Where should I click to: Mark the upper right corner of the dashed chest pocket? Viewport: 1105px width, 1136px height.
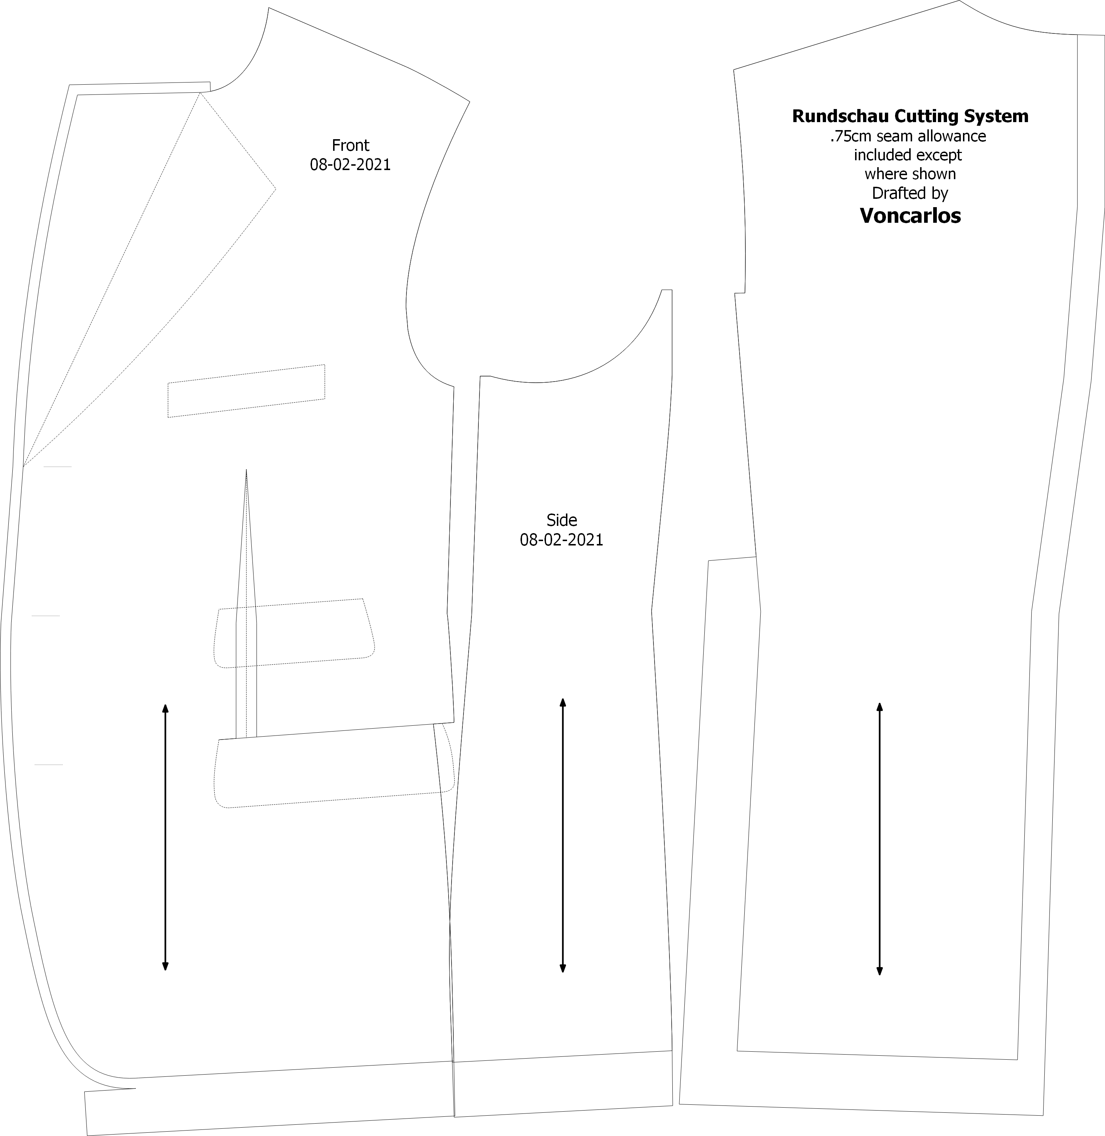click(x=324, y=364)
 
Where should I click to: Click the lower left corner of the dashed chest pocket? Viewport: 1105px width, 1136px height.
click(x=168, y=417)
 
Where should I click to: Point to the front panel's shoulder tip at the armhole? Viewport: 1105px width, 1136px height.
click(x=469, y=102)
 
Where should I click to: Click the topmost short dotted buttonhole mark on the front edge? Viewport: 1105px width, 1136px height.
click(x=57, y=467)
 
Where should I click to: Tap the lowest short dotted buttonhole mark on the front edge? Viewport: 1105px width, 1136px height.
click(x=49, y=765)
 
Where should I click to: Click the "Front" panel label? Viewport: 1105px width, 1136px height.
click(x=351, y=145)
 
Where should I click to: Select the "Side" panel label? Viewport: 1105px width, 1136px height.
click(x=562, y=520)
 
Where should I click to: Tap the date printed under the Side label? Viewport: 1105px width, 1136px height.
click(x=562, y=540)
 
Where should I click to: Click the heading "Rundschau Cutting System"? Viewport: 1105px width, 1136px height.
click(x=910, y=116)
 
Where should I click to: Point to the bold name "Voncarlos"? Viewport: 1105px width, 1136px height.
click(x=910, y=215)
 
